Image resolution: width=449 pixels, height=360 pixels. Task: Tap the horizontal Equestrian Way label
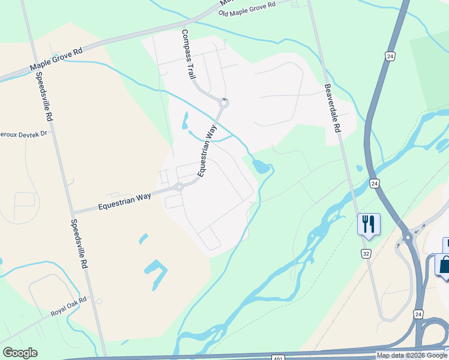click(124, 201)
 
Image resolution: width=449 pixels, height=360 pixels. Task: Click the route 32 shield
click(365, 254)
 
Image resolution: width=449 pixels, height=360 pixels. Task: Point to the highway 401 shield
click(278, 358)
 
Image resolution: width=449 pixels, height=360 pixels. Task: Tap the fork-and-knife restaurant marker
click(368, 226)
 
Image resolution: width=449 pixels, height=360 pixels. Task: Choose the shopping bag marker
click(444, 265)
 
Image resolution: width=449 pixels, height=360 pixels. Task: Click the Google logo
click(20, 353)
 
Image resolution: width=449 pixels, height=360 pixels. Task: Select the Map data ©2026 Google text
click(412, 355)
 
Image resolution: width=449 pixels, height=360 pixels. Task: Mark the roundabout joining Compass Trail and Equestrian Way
click(223, 103)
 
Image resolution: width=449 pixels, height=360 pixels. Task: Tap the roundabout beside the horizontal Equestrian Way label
click(178, 187)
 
